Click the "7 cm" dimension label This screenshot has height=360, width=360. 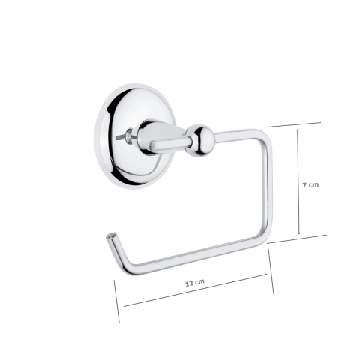click(312, 184)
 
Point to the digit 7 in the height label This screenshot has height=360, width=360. click(304, 184)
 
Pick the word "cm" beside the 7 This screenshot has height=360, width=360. click(316, 184)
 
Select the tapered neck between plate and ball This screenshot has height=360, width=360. click(169, 139)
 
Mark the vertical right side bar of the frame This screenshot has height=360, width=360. click(268, 187)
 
